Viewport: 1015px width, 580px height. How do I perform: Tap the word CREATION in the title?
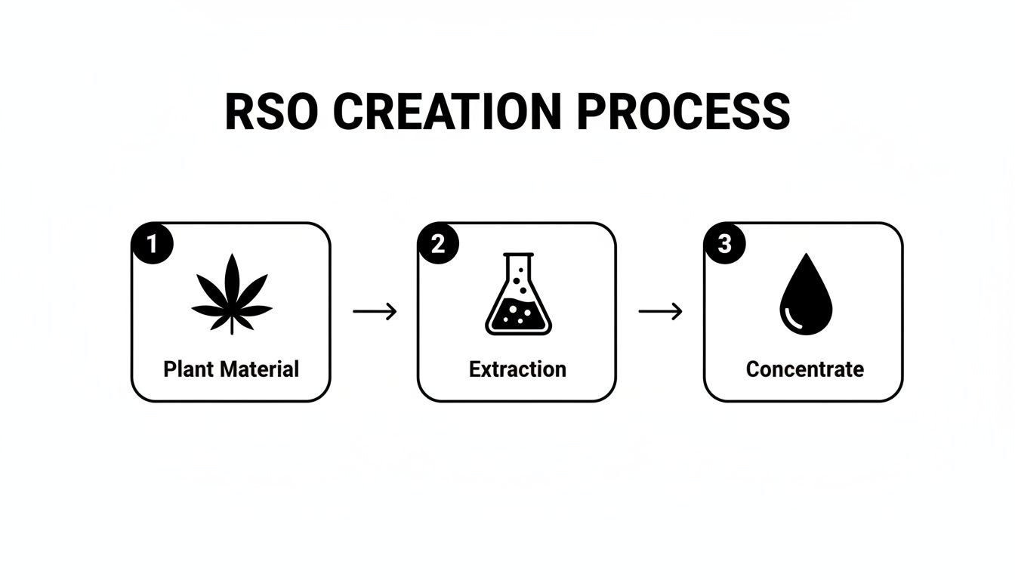[x=447, y=112]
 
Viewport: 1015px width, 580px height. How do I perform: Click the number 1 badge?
[x=153, y=244]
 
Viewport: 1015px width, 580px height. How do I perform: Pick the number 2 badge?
[x=438, y=244]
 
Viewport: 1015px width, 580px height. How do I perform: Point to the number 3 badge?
[x=723, y=244]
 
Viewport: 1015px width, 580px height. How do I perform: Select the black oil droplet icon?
[x=805, y=296]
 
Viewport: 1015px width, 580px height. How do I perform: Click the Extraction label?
[x=517, y=369]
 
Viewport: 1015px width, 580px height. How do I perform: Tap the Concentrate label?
[x=805, y=369]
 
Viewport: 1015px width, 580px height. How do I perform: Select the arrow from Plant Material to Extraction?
[x=375, y=311]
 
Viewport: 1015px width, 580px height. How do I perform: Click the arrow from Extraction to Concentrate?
[x=660, y=311]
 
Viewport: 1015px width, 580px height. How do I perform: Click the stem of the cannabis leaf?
[x=232, y=326]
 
